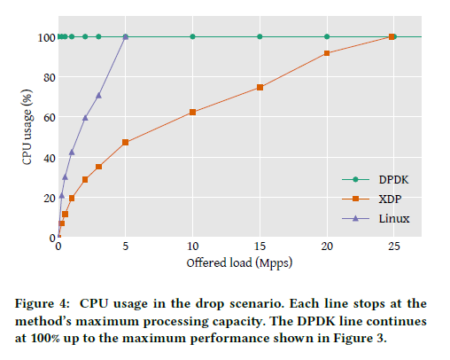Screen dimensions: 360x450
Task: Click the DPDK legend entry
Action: point(372,178)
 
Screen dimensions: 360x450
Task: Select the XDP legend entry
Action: point(372,198)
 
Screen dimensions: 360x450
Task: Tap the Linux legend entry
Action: point(372,217)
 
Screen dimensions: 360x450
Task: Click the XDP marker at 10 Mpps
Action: point(192,112)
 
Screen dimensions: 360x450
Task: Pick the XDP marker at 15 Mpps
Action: point(260,87)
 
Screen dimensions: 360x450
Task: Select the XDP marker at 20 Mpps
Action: point(327,53)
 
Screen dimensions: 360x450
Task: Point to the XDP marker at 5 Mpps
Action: point(126,142)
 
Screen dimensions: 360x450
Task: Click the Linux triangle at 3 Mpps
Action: point(98,95)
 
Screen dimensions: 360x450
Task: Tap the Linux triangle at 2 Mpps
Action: point(85,117)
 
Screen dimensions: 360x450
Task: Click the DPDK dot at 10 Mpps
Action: point(192,36)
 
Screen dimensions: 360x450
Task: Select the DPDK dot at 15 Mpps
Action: point(260,36)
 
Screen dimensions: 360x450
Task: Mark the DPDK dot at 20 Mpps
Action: point(327,36)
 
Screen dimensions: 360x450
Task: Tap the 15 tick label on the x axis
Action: point(260,248)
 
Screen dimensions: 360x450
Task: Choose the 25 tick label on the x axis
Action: point(393,248)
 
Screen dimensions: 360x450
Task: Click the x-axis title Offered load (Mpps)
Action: point(238,262)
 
